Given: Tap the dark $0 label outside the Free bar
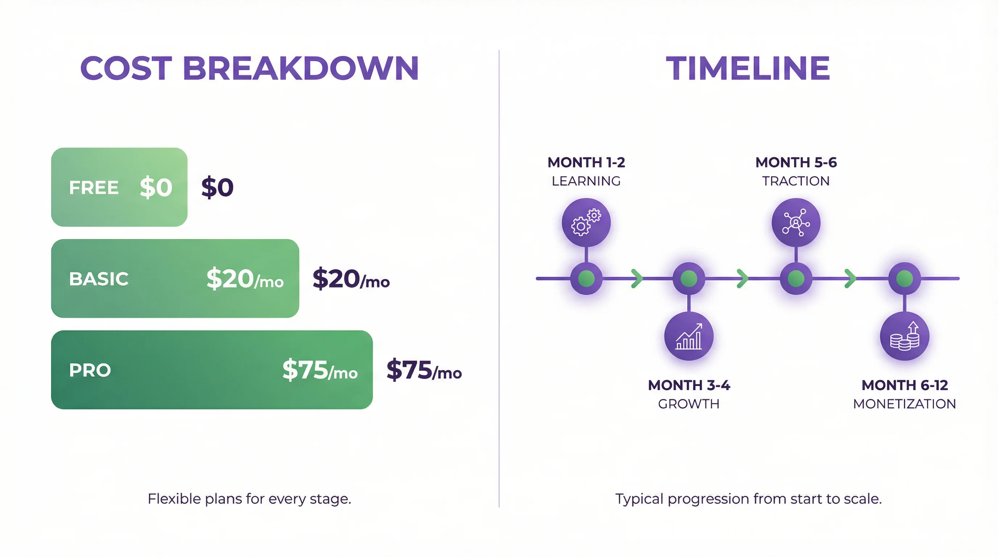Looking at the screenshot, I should pyautogui.click(x=217, y=187).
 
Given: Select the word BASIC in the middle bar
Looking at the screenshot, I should pyautogui.click(x=98, y=279).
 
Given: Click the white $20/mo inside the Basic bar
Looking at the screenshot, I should pyautogui.click(x=245, y=279).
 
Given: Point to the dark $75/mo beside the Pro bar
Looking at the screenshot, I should pyautogui.click(x=424, y=370).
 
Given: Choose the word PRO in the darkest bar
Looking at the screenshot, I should pyautogui.click(x=90, y=370).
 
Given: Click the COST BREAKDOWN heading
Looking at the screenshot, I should pyautogui.click(x=249, y=69).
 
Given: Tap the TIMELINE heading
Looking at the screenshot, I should pyautogui.click(x=748, y=69).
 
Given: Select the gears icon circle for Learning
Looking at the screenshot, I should pyautogui.click(x=586, y=222).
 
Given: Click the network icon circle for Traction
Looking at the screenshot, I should pyautogui.click(x=796, y=222).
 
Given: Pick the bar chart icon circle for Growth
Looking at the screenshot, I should pyautogui.click(x=688, y=336).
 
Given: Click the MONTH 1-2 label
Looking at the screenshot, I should pyautogui.click(x=586, y=162).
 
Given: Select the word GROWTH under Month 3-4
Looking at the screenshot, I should pyautogui.click(x=688, y=404).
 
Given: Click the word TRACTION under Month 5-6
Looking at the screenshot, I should pyautogui.click(x=796, y=181).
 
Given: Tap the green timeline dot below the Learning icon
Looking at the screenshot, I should pyautogui.click(x=586, y=278).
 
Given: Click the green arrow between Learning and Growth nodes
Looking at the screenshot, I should pyautogui.click(x=636, y=278).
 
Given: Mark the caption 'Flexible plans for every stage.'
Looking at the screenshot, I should pyautogui.click(x=249, y=499).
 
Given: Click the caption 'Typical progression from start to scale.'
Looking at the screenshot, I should pyautogui.click(x=748, y=499).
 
